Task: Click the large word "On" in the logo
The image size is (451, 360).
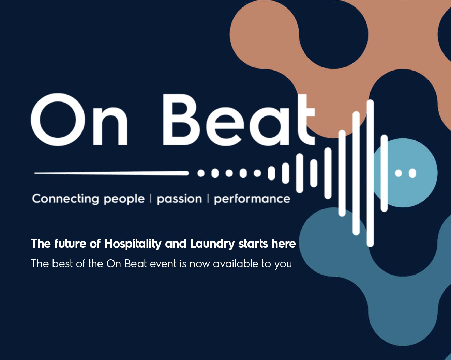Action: [79, 119]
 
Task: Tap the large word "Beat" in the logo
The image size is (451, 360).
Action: [239, 119]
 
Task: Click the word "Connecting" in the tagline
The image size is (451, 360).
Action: [65, 199]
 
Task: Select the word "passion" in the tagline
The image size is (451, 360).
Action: [179, 199]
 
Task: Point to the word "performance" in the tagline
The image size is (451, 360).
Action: [252, 199]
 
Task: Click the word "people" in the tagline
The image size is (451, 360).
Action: [124, 199]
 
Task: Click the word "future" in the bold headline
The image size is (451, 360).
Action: [70, 244]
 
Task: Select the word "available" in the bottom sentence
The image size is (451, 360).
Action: [236, 264]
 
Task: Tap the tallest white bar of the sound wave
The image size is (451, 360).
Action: [370, 173]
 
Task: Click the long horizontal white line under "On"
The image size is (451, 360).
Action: [111, 173]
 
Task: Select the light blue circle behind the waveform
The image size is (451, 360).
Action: [405, 173]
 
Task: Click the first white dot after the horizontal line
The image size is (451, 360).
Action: [201, 173]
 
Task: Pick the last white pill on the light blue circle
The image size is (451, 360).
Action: [412, 173]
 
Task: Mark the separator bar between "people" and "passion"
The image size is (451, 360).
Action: [151, 198]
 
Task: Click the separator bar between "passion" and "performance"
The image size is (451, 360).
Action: [208, 198]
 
